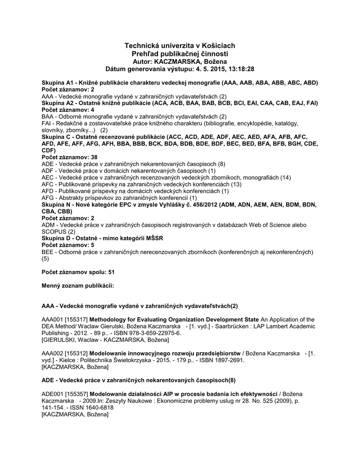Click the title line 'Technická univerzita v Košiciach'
pos(180,46)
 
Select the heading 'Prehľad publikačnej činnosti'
pos(180,54)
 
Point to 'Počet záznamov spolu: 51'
pos(78,272)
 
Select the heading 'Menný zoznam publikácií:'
pos(77,285)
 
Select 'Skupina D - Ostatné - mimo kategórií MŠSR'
pos(102,238)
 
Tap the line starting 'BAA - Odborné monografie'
pos(134,116)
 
